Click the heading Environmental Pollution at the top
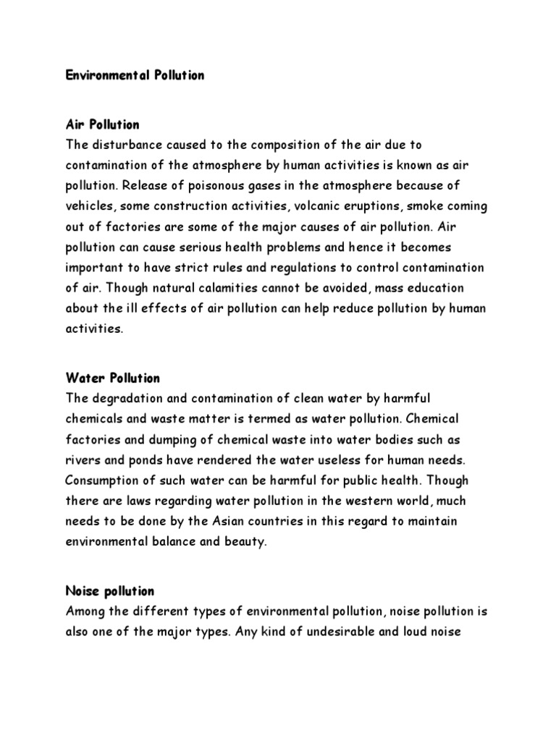click(135, 75)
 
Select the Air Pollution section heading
click(102, 125)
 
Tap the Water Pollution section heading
click(112, 378)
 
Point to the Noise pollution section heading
click(110, 591)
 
